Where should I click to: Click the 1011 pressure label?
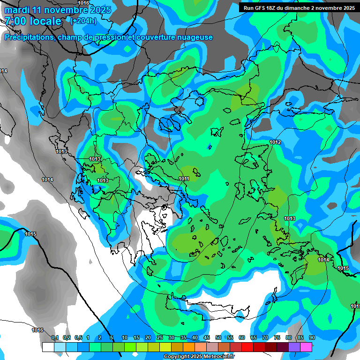pyautogui.click(x=184, y=179)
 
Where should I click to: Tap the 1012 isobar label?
pyautogui.click(x=275, y=142)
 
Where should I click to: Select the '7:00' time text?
pyautogui.click(x=16, y=21)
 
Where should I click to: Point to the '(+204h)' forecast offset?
pyautogui.click(x=83, y=21)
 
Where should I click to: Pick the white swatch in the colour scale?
pyautogui.click(x=48, y=347)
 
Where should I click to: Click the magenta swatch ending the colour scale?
pyautogui.click(x=306, y=347)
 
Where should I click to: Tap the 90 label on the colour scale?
pyautogui.click(x=312, y=337)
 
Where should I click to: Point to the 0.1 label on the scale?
pyautogui.click(x=55, y=337)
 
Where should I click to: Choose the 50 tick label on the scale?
pyautogui.click(x=218, y=337)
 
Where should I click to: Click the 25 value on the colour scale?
pyautogui.click(x=160, y=337)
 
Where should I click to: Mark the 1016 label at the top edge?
pyautogui.click(x=83, y=3)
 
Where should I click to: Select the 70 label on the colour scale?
pyautogui.click(x=265, y=337)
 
